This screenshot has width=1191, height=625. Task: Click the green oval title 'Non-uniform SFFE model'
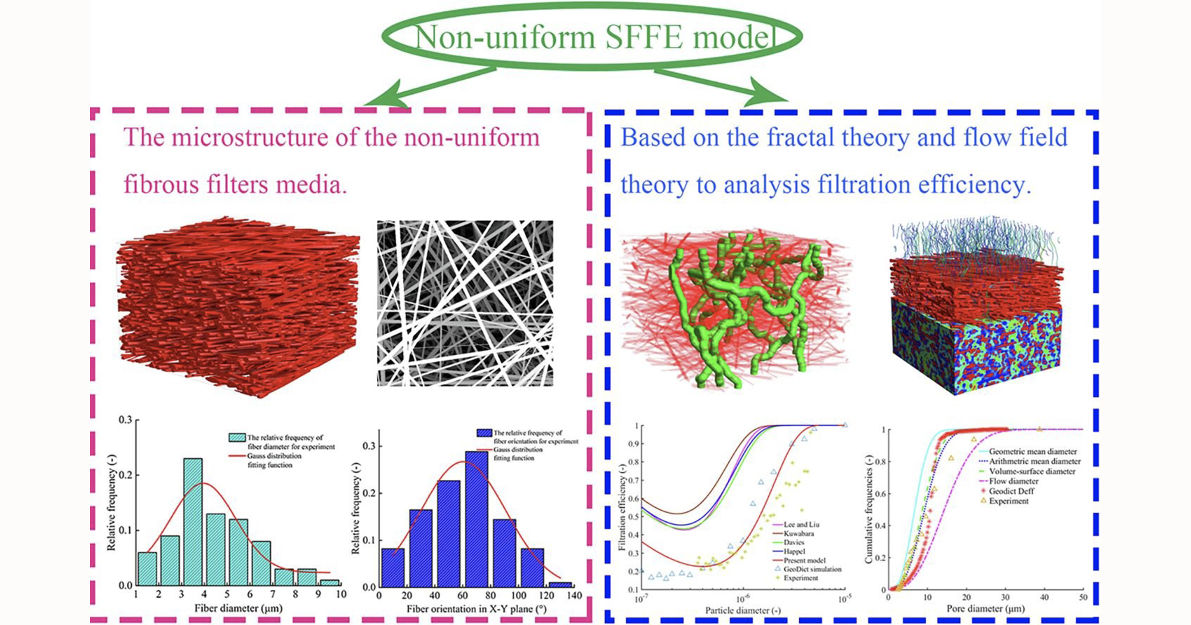[592, 37]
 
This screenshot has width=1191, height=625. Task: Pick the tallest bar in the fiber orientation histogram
[476, 518]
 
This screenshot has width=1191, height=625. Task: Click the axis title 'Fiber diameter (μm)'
[238, 608]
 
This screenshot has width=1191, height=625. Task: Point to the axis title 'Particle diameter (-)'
[743, 610]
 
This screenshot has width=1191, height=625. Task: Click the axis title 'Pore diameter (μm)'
[986, 609]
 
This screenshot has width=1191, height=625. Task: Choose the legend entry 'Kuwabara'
[799, 533]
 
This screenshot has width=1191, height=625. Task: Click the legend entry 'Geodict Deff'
[1011, 491]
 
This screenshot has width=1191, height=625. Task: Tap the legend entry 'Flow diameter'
[1013, 481]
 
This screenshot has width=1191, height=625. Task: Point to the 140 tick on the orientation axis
[575, 595]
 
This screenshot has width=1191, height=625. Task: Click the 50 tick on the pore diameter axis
[1083, 597]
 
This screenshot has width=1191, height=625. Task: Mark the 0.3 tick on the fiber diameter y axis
[125, 420]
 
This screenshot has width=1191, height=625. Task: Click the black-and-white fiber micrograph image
[464, 304]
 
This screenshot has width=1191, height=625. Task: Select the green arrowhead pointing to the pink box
[381, 98]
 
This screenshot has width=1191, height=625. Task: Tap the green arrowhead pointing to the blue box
[768, 98]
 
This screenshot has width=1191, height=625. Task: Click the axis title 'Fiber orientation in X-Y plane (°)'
[476, 609]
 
